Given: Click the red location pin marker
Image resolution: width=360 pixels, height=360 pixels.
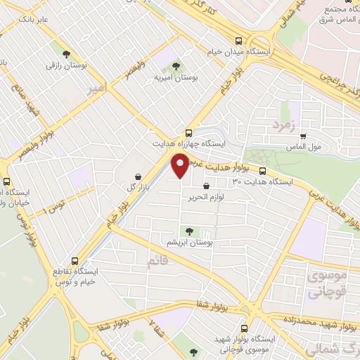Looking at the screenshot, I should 181,166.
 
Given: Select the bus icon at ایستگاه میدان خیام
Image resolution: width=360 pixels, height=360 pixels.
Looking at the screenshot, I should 239,41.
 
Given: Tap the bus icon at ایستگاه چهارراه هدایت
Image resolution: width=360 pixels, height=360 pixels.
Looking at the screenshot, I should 188,133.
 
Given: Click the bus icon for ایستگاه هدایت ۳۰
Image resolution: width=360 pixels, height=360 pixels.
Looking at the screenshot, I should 263,171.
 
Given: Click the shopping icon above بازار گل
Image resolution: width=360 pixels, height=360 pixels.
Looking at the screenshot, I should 138,176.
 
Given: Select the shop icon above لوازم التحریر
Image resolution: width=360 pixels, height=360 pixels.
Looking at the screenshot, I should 205,186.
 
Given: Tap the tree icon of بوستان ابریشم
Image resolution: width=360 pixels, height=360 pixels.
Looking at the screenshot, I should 188,230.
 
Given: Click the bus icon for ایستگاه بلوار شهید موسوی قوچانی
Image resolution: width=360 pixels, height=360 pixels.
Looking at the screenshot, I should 244,328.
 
